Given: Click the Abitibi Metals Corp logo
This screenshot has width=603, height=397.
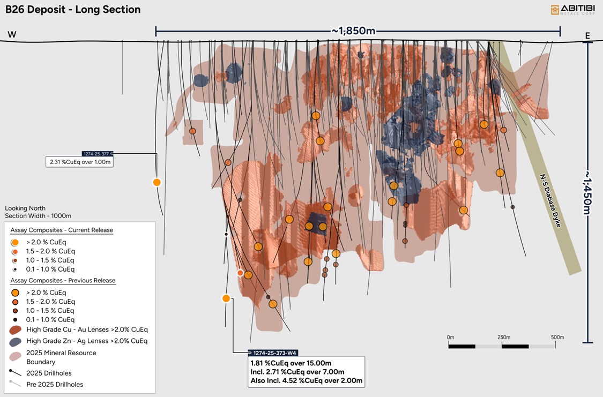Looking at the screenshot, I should (571, 10).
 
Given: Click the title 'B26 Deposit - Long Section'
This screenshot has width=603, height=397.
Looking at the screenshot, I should (73, 10).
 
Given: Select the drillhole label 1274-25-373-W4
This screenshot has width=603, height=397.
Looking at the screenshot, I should (273, 353).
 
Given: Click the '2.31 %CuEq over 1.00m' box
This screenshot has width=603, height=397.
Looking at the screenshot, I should (79, 162).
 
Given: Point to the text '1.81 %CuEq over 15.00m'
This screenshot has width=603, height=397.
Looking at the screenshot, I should (291, 363).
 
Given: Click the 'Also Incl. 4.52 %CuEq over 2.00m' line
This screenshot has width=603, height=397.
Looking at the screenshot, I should (306, 381).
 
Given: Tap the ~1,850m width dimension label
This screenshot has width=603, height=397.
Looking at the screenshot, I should (354, 31).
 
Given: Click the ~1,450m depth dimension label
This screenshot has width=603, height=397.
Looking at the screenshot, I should (588, 192).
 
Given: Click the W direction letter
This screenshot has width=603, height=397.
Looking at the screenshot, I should (12, 35).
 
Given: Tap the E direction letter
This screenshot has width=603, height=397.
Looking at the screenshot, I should (587, 36).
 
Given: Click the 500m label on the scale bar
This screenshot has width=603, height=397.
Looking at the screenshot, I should (557, 337).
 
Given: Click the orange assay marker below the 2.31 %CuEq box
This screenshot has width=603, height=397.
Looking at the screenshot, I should (157, 182).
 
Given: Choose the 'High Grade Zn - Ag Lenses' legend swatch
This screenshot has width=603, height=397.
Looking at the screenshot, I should (16, 341).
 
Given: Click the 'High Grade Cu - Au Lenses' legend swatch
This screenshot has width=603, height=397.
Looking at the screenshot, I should (16, 329).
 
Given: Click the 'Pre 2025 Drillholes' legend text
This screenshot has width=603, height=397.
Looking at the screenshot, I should (55, 384).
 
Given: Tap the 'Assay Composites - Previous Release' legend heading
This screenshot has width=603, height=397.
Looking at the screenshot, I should (63, 280).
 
